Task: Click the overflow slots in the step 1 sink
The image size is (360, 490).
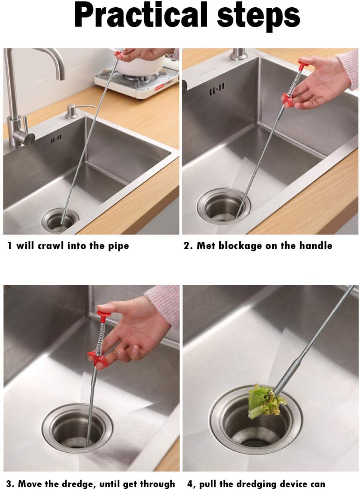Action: pyautogui.click(x=56, y=139)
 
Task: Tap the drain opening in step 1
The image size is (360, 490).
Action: pyautogui.click(x=60, y=220)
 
